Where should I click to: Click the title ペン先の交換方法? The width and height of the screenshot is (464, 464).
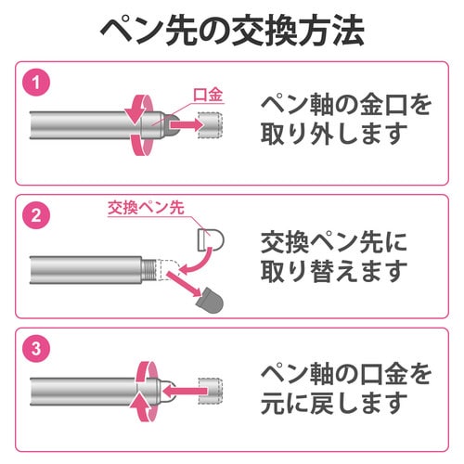point(232,31)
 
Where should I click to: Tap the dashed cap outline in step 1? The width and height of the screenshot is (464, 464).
point(213,122)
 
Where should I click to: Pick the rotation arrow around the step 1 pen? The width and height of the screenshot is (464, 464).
point(137,122)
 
